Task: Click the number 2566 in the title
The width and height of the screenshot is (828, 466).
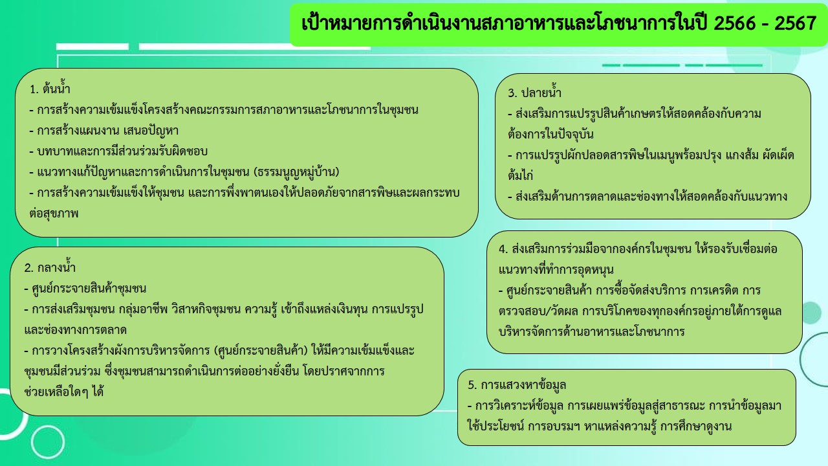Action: point(734,23)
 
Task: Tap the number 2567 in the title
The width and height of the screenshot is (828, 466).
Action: point(796,23)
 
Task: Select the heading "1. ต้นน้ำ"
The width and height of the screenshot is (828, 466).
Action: point(50,89)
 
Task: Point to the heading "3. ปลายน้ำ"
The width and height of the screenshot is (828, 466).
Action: point(534,92)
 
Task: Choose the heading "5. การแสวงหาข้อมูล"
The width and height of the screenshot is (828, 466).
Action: point(517,384)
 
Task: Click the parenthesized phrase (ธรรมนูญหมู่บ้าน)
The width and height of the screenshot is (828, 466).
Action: point(296,172)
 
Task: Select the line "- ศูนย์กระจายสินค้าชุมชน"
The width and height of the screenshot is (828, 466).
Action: point(85,288)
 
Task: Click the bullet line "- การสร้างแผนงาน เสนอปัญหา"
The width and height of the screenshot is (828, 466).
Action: point(104,131)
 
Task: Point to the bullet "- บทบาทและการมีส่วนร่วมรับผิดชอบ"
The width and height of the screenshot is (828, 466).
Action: point(118,151)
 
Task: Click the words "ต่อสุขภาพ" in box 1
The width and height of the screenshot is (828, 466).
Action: point(54,214)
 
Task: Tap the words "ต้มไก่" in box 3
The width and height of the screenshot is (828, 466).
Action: point(521,175)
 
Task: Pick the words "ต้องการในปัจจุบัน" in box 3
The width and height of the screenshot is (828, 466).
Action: point(550,133)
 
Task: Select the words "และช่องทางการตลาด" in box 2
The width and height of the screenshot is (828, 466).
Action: point(76,329)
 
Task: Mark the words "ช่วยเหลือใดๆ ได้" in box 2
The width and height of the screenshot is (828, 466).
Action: point(63,392)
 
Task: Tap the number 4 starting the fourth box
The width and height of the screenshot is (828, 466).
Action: point(502,249)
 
